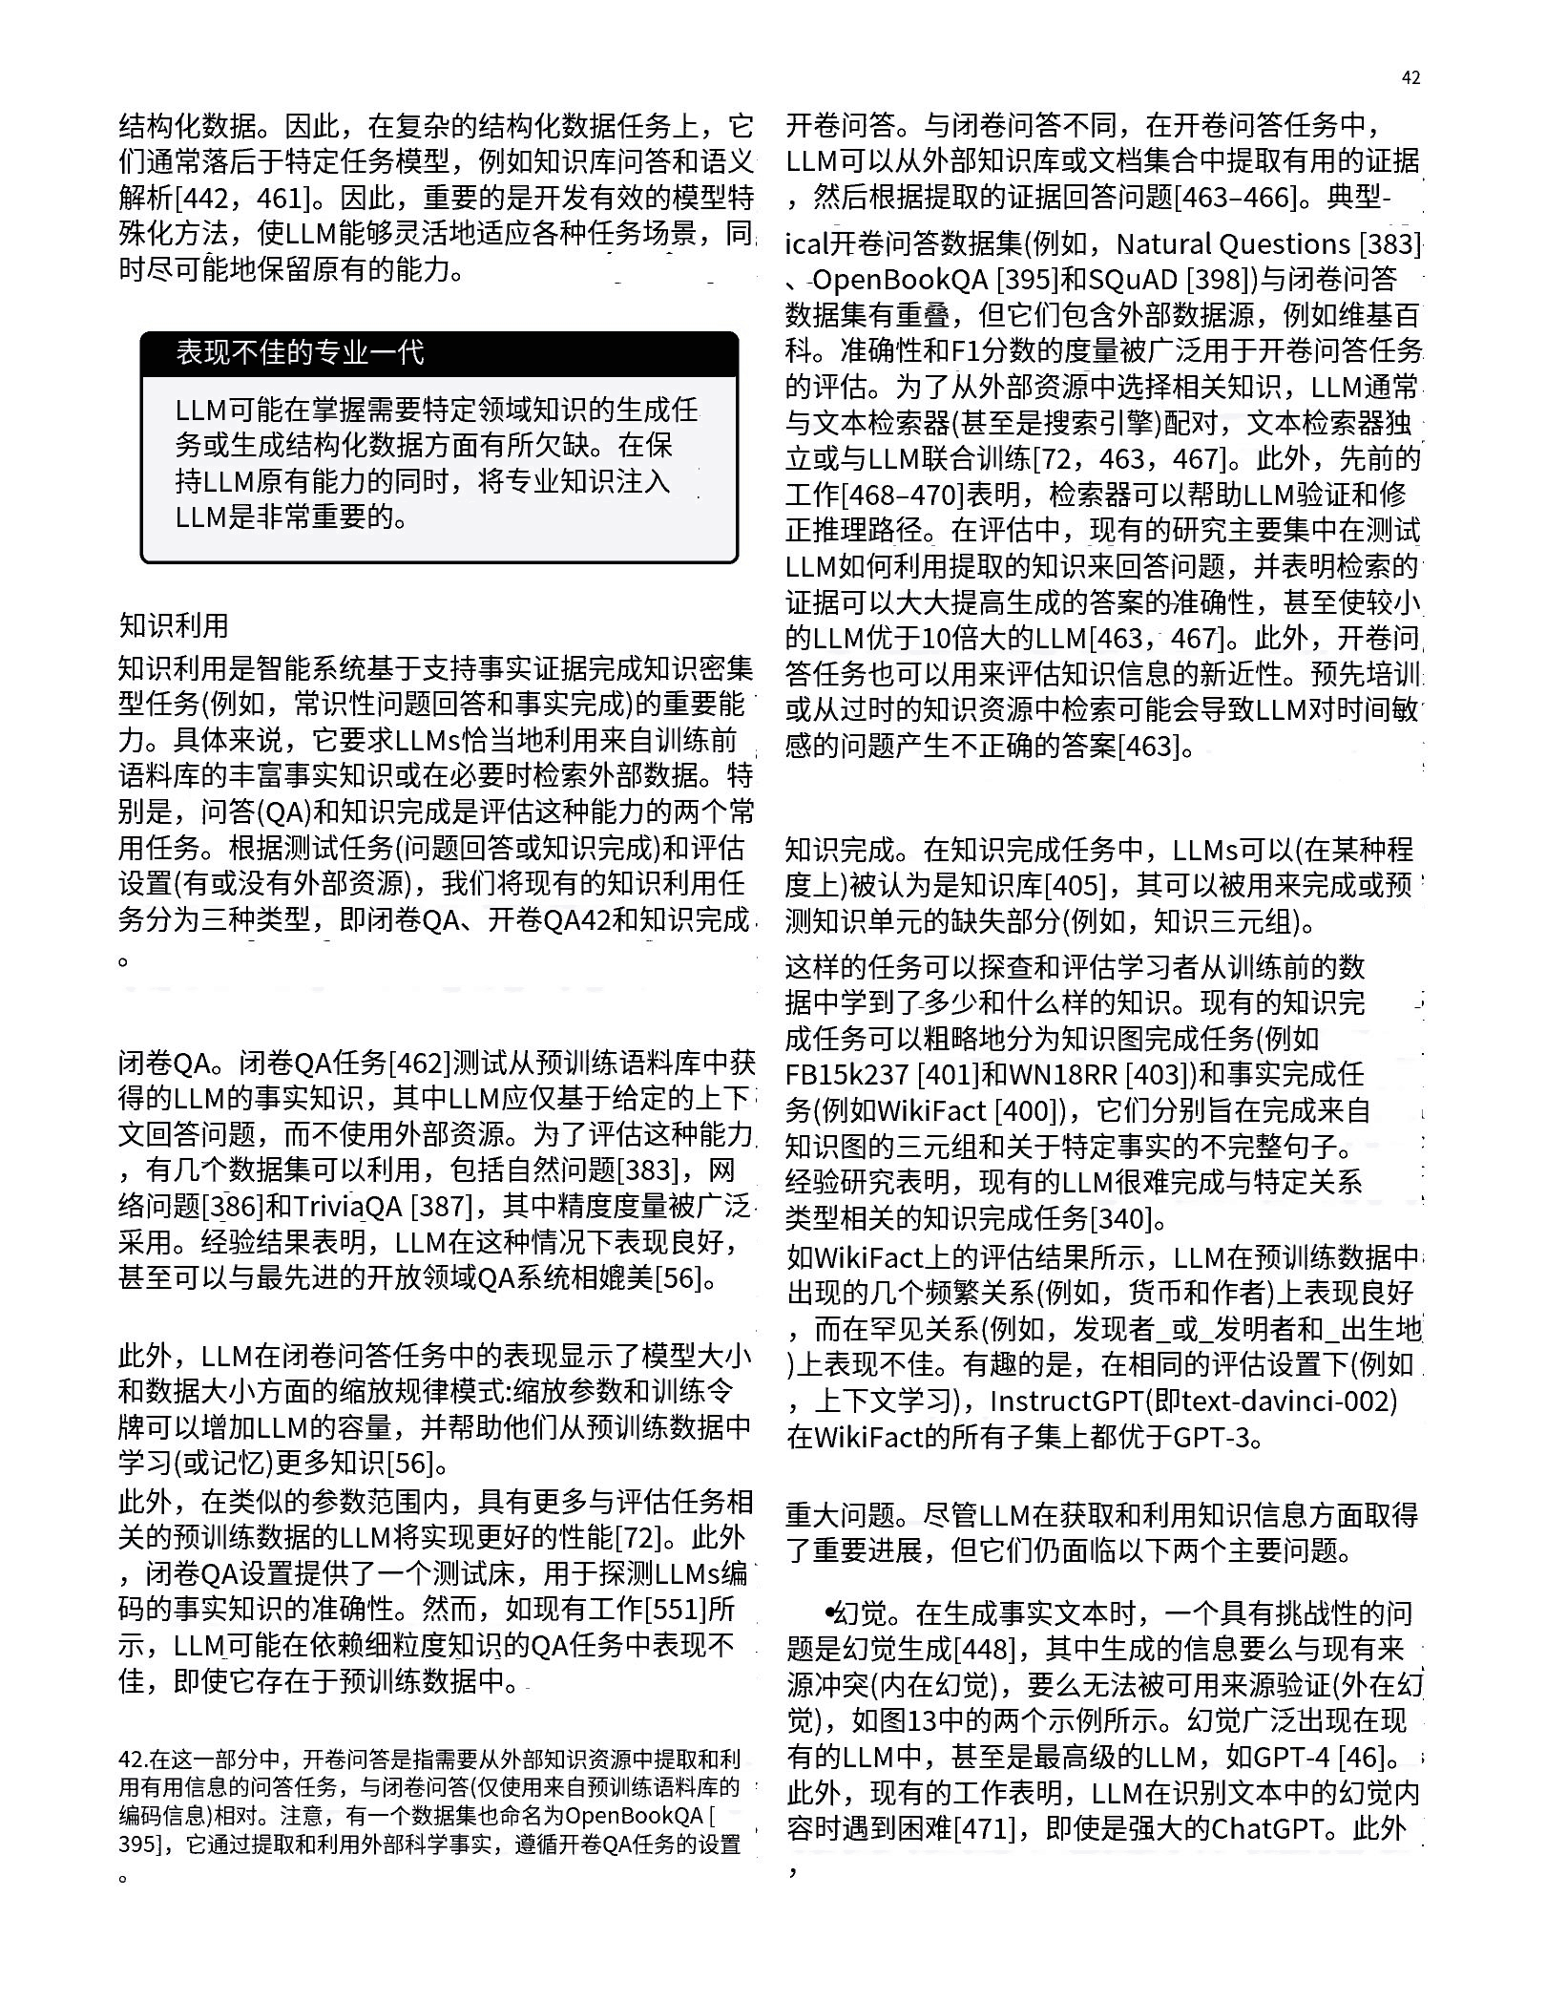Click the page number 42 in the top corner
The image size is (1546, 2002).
tap(1410, 78)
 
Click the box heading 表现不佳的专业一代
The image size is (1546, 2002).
tap(299, 353)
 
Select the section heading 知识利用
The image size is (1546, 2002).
tap(174, 625)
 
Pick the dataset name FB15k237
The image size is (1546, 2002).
tap(846, 1075)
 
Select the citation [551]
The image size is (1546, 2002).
tap(676, 1611)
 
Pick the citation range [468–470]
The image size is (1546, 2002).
tap(901, 495)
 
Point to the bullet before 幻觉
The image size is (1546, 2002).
tap(830, 1612)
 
